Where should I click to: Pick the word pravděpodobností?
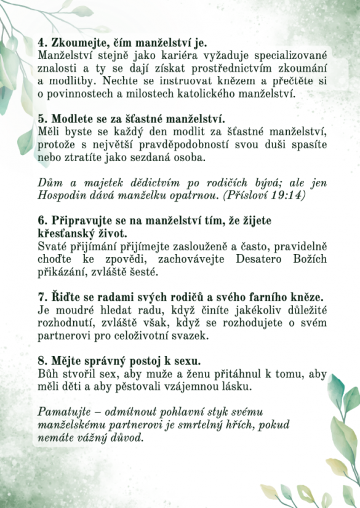174,145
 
